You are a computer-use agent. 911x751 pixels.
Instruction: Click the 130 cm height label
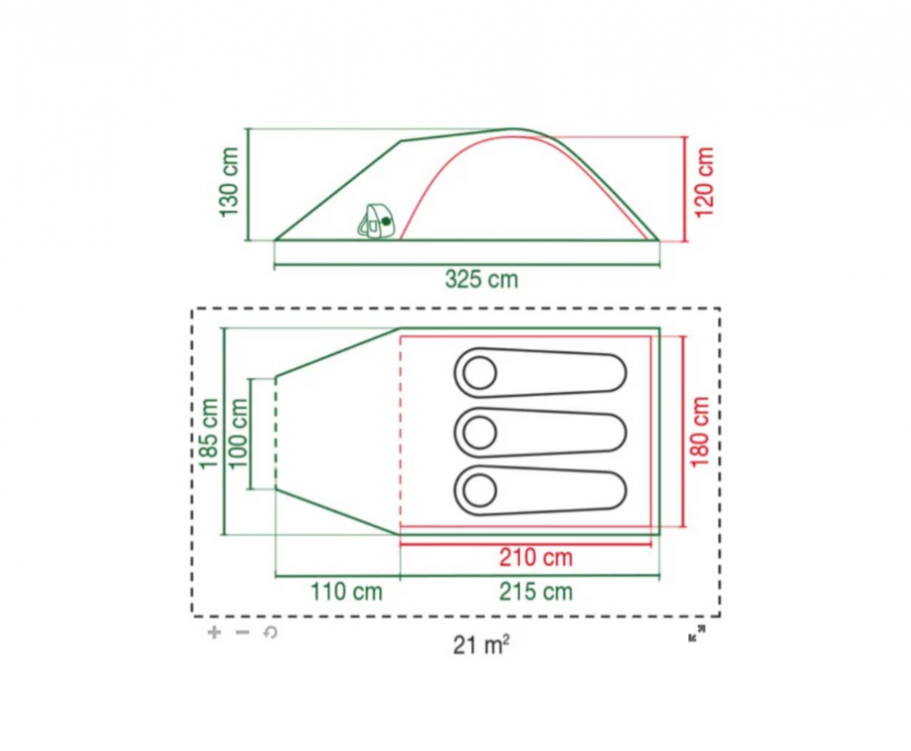[229, 182]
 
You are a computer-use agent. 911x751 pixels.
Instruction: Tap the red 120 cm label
[704, 182]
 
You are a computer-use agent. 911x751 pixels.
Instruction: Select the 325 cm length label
[481, 280]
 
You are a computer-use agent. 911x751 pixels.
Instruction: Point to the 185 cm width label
[208, 433]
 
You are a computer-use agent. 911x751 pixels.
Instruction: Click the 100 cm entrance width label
[238, 433]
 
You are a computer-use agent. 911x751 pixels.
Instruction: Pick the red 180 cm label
[700, 431]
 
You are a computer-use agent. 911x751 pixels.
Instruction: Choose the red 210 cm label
[536, 557]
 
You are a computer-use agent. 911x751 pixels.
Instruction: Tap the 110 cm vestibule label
[346, 593]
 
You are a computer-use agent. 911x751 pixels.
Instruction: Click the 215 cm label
[536, 593]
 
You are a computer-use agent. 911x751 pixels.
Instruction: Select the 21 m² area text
[481, 644]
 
